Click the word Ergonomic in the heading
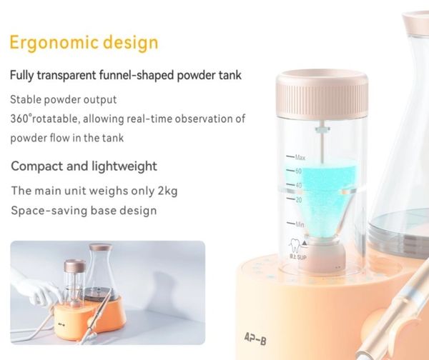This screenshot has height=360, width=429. pyautogui.click(x=54, y=43)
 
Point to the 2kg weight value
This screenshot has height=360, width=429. pyautogui.click(x=167, y=191)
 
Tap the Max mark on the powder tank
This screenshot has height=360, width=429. pyautogui.click(x=300, y=157)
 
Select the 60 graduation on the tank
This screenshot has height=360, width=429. pyautogui.click(x=298, y=171)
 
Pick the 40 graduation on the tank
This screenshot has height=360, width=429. pyautogui.click(x=298, y=185)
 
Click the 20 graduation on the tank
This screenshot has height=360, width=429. pyautogui.click(x=298, y=200)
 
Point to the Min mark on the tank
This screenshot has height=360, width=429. pyautogui.click(x=300, y=224)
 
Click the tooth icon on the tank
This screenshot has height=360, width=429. pyautogui.click(x=295, y=246)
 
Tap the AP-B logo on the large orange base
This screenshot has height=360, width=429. pyautogui.click(x=255, y=339)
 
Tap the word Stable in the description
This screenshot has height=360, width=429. pyautogui.click(x=26, y=99)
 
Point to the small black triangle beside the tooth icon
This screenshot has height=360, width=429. pyautogui.click(x=305, y=243)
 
